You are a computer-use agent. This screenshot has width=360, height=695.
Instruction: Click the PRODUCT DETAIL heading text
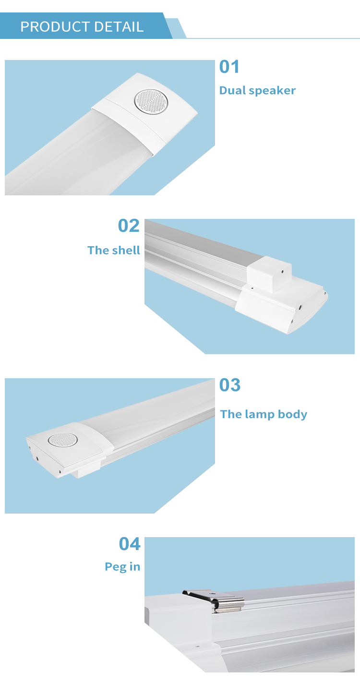point(82,27)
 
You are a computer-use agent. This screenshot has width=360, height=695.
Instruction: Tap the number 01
point(229,66)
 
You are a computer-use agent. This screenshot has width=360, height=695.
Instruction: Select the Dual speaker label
point(257,90)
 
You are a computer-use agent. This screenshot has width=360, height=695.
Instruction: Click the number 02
point(129,226)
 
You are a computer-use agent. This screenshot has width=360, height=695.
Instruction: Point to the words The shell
point(114,250)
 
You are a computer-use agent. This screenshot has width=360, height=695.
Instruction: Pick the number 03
point(230,385)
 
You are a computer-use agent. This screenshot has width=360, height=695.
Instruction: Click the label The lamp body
point(264,414)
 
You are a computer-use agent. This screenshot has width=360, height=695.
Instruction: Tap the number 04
point(130,544)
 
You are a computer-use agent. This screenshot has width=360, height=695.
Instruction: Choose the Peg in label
point(122,567)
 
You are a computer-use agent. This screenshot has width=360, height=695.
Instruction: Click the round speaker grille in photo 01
point(151,101)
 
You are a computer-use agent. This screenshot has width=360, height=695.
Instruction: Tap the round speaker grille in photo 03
point(63,440)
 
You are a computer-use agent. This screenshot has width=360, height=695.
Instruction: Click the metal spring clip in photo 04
point(215,601)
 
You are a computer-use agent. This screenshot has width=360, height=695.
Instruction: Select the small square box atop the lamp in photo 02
point(269,274)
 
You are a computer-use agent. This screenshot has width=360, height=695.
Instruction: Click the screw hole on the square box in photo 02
point(282,272)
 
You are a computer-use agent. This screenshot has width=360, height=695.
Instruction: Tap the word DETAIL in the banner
point(119,27)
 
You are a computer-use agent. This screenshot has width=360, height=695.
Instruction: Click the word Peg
point(116,567)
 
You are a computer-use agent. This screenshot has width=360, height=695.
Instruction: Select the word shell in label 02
point(125,250)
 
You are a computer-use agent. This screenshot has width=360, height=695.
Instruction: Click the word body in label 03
point(292,415)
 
